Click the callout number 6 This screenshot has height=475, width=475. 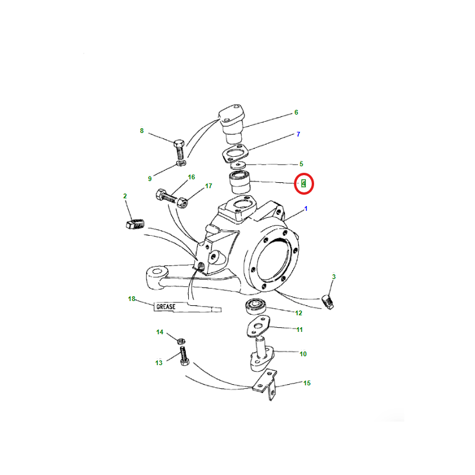point(296,112)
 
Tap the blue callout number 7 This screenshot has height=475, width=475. point(299,134)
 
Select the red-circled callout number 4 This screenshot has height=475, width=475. point(303,183)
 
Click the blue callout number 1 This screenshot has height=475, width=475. point(306,209)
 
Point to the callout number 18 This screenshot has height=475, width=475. point(131,299)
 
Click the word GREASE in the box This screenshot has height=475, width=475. point(166,307)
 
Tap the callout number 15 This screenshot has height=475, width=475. point(307,383)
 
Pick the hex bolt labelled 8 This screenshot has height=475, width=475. point(179,150)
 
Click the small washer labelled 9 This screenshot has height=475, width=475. point(181,163)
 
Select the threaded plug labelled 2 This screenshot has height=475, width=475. point(135,225)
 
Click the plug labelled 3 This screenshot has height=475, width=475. point(328,302)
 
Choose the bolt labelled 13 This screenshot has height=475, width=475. point(184,356)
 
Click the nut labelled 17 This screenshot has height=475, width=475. point(183,202)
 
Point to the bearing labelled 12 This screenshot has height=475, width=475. point(256,306)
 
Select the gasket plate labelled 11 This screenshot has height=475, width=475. point(258,326)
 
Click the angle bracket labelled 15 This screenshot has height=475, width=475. point(265,384)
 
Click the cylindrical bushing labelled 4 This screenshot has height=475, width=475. point(240,182)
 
